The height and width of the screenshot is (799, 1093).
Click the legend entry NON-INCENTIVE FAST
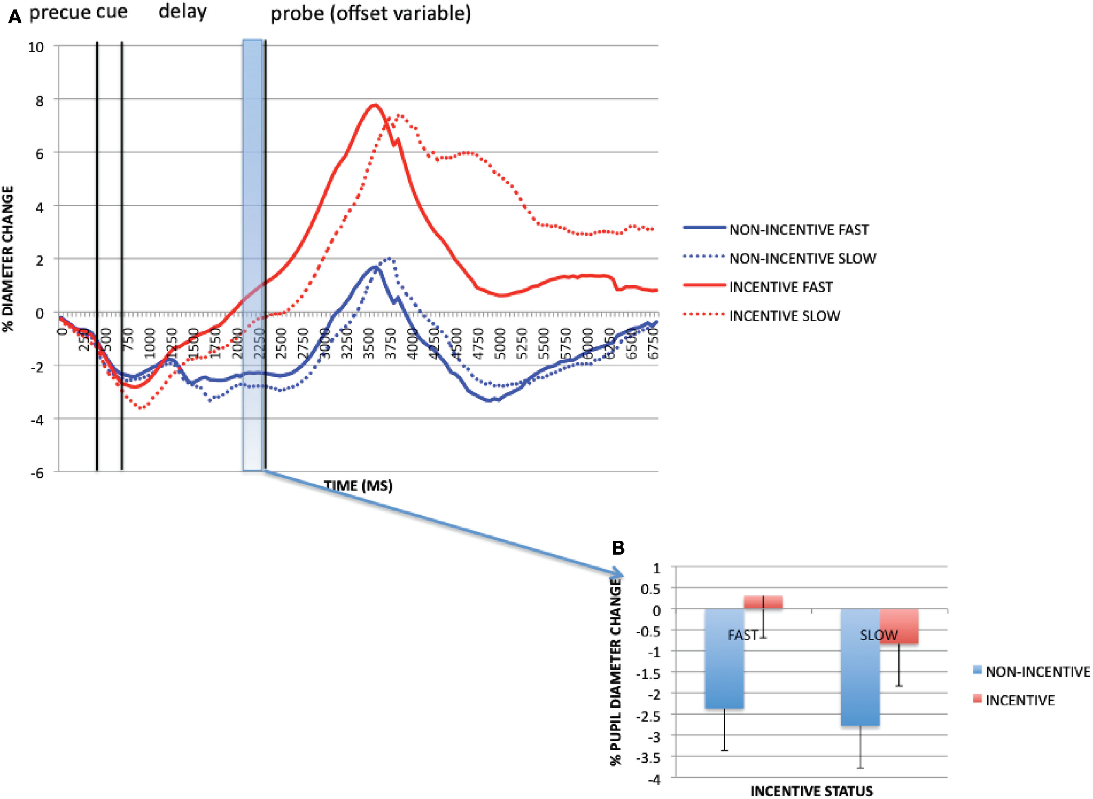[799, 230]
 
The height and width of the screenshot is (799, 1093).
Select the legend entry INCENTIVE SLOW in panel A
[784, 316]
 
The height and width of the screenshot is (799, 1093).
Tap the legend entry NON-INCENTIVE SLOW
[802, 258]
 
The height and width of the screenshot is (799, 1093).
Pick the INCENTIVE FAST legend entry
[780, 287]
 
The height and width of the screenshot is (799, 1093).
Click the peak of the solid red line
[374, 104]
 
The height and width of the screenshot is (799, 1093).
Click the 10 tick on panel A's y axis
[36, 47]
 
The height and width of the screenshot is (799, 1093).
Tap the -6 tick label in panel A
[37, 473]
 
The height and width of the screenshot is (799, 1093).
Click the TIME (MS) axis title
[358, 486]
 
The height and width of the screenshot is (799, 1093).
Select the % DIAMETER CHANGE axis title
[8, 259]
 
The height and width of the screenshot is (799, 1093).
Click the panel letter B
[618, 548]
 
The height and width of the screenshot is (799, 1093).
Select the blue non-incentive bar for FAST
[724, 658]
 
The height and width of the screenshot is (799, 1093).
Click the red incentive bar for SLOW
[898, 626]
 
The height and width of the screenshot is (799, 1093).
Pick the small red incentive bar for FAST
[762, 602]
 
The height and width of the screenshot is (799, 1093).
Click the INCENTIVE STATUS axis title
[811, 791]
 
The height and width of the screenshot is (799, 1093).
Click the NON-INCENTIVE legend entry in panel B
[1037, 672]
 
